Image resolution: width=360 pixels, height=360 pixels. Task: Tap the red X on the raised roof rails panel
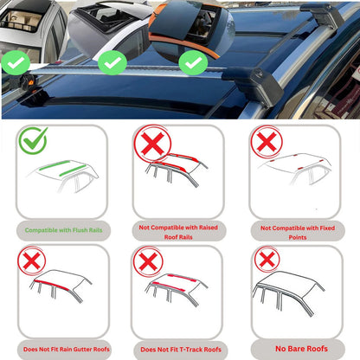(150, 145)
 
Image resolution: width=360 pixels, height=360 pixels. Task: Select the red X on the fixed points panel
(267, 141)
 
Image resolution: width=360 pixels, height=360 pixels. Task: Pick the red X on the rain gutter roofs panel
(32, 260)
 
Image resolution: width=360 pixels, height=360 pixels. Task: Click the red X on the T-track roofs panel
(150, 260)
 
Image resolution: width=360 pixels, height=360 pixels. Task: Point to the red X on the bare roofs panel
(267, 259)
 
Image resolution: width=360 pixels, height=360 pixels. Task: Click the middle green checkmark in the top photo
(112, 61)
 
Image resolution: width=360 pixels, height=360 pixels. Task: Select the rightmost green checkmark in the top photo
(191, 63)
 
